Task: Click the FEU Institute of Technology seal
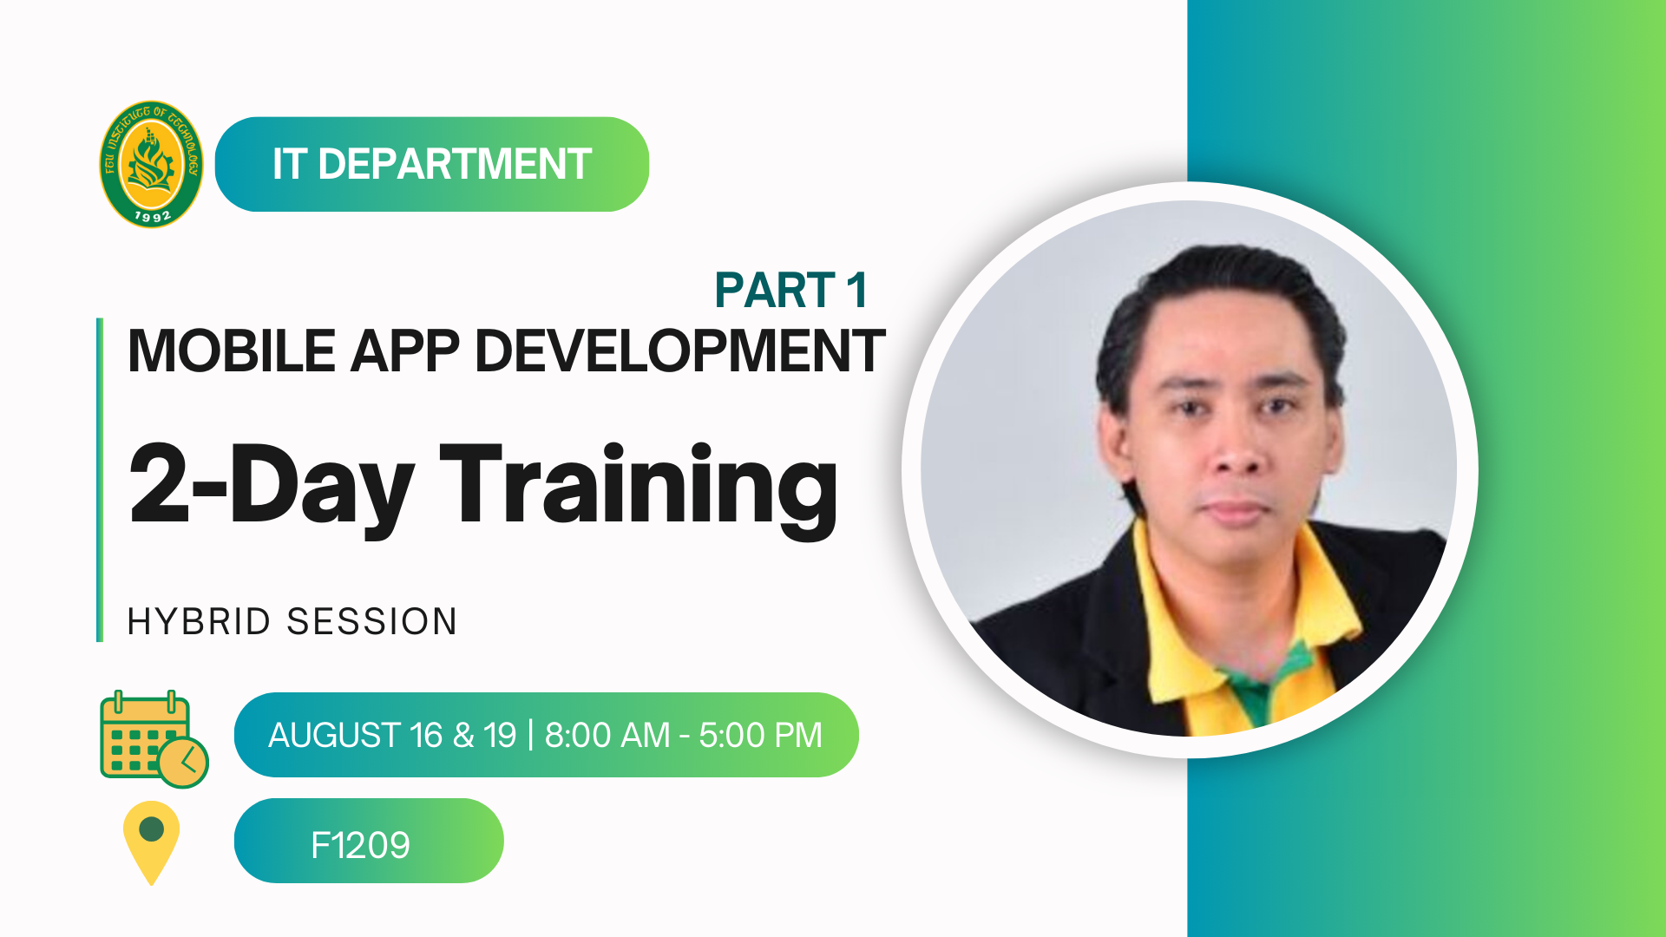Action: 151,164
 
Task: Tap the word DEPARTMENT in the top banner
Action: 455,164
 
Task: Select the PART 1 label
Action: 790,290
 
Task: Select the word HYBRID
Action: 199,622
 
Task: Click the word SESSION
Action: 371,622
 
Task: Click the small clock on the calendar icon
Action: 183,763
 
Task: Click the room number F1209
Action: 360,845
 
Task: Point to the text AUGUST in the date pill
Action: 334,736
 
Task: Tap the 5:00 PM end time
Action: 760,736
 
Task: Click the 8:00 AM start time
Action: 607,736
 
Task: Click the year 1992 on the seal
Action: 153,216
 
